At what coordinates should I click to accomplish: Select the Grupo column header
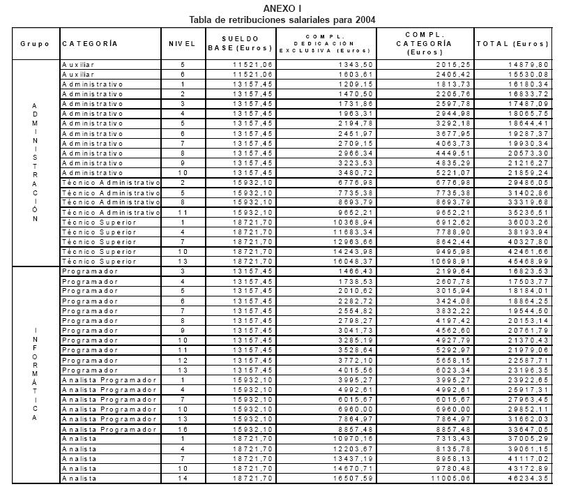click(x=35, y=44)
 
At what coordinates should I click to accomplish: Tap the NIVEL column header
click(x=182, y=44)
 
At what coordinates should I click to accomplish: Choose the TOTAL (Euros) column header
click(x=513, y=44)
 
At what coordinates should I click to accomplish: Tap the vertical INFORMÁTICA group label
click(x=35, y=374)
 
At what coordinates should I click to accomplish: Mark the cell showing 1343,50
click(x=355, y=64)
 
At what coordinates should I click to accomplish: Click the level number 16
click(x=182, y=430)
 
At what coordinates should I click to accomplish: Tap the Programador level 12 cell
click(x=182, y=360)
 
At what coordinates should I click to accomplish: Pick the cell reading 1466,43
click(x=355, y=271)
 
